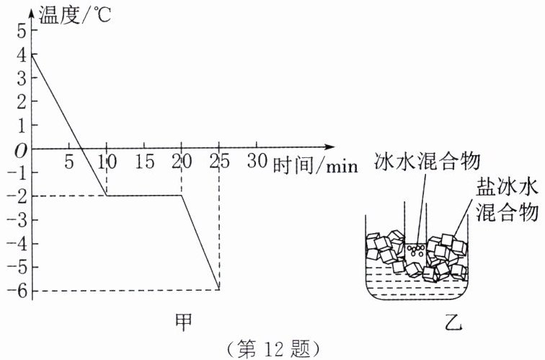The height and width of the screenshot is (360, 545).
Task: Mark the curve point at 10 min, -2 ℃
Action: click(x=106, y=196)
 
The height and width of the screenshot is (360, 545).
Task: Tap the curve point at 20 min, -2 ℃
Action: click(x=181, y=196)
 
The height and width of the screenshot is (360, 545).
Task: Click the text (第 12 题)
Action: click(x=272, y=348)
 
